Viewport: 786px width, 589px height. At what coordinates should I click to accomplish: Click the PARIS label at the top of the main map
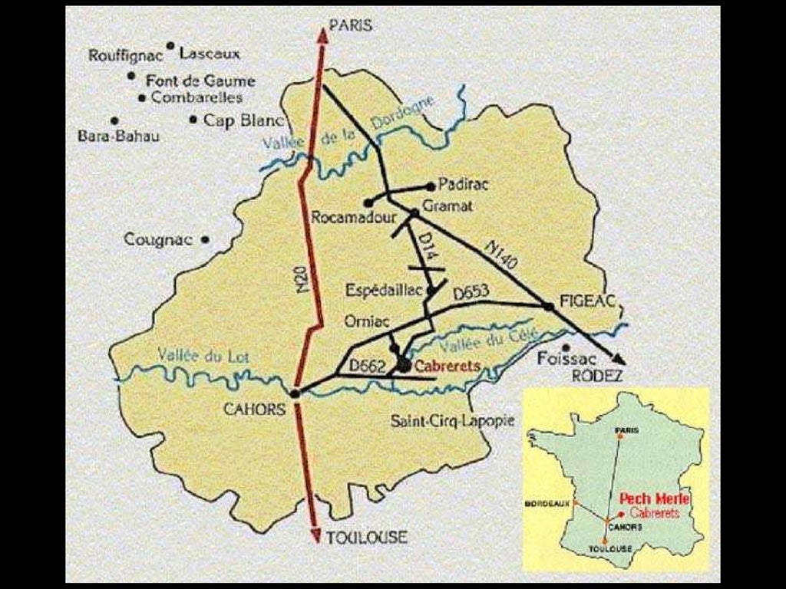pyautogui.click(x=350, y=25)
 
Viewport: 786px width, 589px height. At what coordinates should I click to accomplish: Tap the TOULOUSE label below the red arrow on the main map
pyautogui.click(x=366, y=537)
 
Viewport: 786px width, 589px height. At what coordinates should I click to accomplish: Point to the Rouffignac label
pyautogui.click(x=126, y=55)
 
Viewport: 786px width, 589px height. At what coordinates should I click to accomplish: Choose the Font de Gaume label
pyautogui.click(x=200, y=81)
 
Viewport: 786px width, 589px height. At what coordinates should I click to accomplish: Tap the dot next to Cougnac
pyautogui.click(x=205, y=239)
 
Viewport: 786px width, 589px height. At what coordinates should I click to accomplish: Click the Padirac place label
pyautogui.click(x=463, y=185)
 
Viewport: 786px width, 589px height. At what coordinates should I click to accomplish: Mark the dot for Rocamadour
pyautogui.click(x=368, y=203)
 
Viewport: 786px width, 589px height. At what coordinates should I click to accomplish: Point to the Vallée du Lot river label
pyautogui.click(x=203, y=355)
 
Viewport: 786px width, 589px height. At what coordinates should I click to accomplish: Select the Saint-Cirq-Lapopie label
pyautogui.click(x=452, y=420)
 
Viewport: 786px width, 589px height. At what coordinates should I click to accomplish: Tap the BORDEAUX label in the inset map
pyautogui.click(x=547, y=504)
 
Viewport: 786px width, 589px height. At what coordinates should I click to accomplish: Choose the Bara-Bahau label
pyautogui.click(x=118, y=137)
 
